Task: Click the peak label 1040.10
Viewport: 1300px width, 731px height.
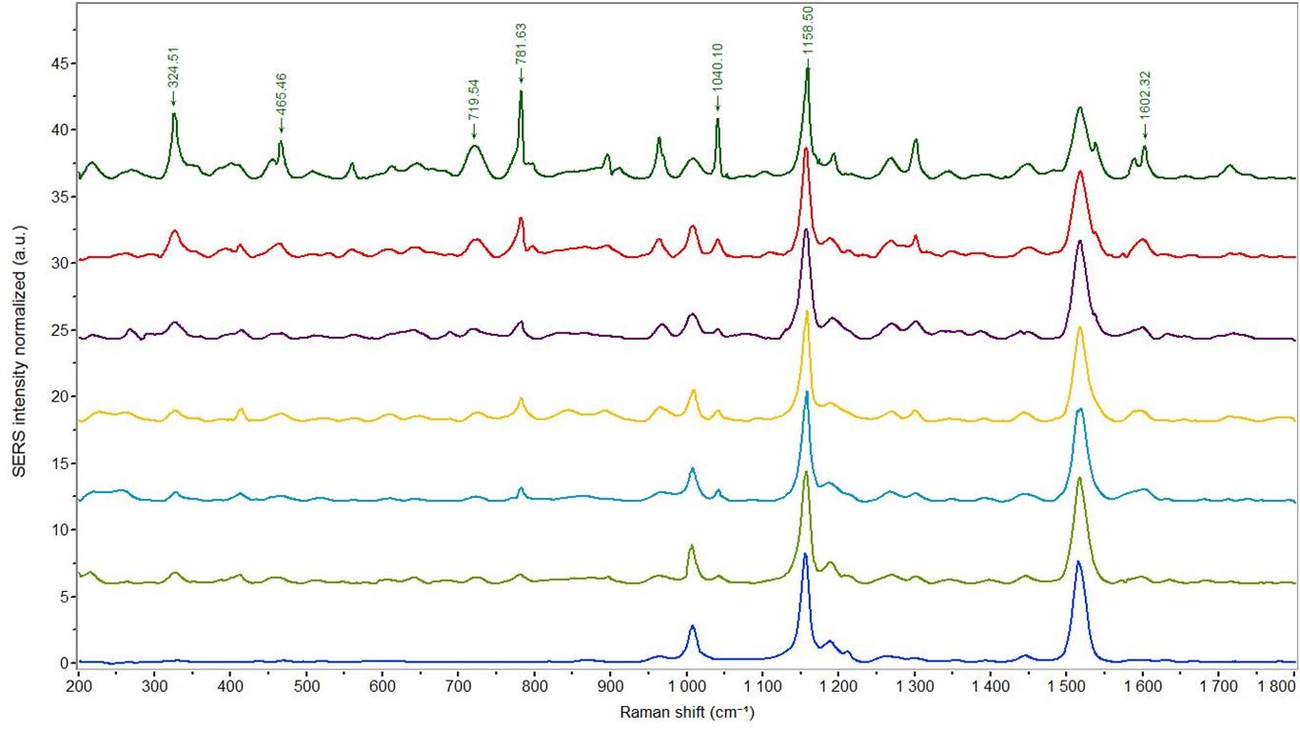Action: click(x=717, y=82)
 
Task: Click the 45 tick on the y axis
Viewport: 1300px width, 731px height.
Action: click(x=59, y=64)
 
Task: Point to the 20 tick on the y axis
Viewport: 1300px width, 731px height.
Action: click(x=59, y=397)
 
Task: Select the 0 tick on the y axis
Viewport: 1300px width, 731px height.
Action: click(x=64, y=663)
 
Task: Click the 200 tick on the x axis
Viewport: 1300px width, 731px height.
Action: click(x=78, y=684)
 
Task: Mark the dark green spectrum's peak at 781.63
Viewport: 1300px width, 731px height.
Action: click(x=521, y=91)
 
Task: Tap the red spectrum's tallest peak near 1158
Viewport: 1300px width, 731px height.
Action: click(x=806, y=149)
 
